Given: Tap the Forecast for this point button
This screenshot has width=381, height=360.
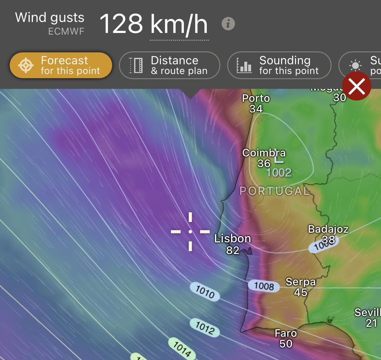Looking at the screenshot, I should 61,65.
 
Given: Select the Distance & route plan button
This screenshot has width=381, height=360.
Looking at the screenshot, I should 169,65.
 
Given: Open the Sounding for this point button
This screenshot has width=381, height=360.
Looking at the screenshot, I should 279,65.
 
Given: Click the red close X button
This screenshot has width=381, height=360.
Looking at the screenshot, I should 357,86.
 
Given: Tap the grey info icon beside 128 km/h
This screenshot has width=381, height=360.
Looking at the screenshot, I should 228,24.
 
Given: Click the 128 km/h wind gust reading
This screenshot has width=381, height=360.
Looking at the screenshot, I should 153,24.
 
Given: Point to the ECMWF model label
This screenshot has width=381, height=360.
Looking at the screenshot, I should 66,31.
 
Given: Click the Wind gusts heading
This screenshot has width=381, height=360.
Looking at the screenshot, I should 50,17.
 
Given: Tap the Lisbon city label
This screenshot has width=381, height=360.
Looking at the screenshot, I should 233,239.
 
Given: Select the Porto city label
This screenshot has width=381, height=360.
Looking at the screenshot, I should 256,98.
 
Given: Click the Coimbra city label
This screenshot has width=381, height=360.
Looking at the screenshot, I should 264,153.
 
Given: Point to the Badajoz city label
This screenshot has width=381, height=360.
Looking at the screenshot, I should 328,229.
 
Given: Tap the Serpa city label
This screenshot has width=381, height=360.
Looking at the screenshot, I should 301,282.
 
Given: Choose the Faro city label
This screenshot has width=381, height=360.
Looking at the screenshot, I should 286,333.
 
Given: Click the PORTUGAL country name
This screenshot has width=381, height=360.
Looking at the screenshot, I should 275,191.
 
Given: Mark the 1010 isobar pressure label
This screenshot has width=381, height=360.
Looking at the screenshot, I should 205,292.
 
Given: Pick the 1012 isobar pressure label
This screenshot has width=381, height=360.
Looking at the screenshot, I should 205,328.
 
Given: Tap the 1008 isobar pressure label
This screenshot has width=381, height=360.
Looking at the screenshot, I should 264,286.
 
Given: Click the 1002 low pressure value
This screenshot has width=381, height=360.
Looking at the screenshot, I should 279,173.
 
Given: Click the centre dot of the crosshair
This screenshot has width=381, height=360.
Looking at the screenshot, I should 190,231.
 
